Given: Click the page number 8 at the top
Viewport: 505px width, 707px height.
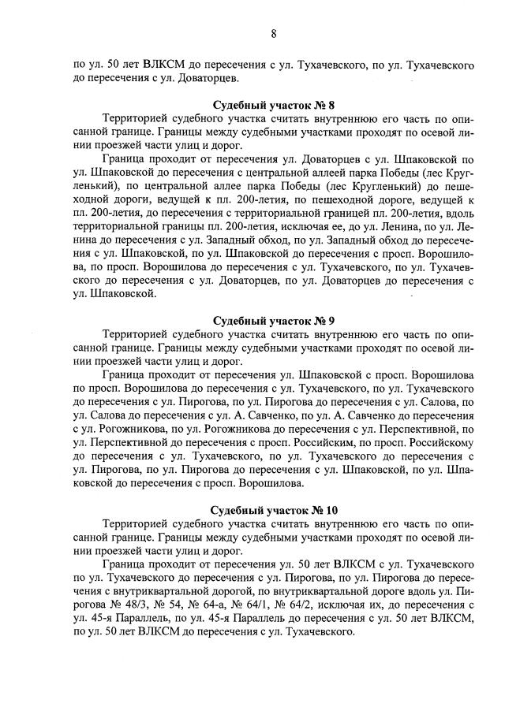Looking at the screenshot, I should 273,33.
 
